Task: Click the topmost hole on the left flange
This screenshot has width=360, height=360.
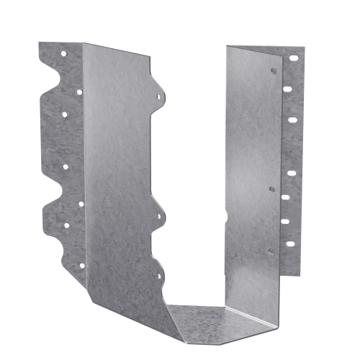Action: [63, 53]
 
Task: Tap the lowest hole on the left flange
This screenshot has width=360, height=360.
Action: [81, 266]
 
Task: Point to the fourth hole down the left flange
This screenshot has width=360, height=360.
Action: [66, 167]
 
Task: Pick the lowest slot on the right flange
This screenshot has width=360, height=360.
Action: [289, 243]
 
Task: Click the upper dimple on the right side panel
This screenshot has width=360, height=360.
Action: [273, 72]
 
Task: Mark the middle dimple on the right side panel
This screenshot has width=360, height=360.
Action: [271, 189]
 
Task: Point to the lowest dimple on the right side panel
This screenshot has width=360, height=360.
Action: [270, 251]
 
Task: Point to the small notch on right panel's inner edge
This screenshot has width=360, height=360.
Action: [226, 216]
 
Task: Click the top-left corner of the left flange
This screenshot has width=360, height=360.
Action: [40, 43]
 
